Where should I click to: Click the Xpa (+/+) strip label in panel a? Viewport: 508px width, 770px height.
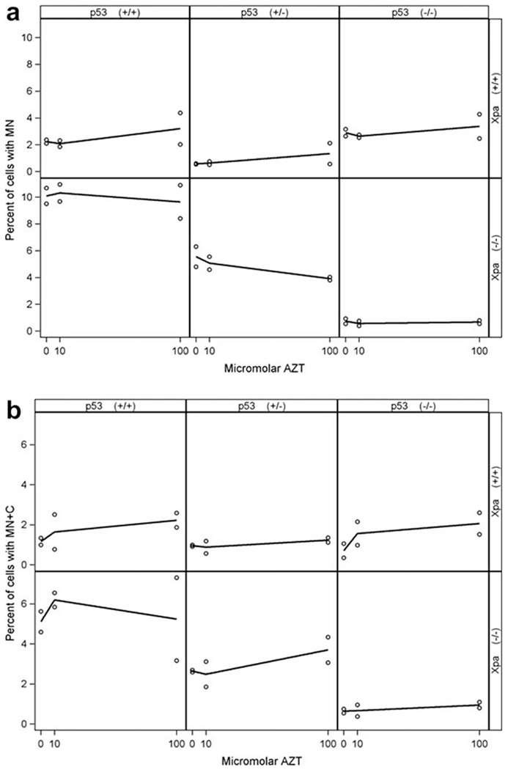tap(497, 96)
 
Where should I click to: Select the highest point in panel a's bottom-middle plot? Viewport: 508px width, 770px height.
tap(196, 247)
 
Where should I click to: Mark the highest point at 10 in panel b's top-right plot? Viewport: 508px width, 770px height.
tap(357, 521)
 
